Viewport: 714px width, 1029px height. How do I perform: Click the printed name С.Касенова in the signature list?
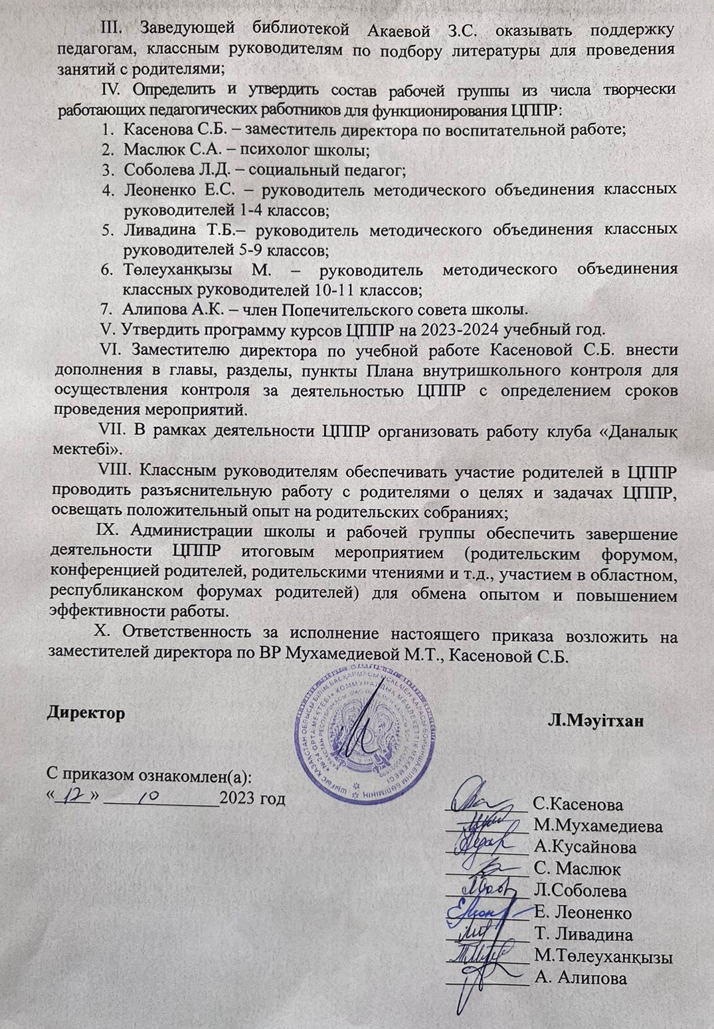pos(579,806)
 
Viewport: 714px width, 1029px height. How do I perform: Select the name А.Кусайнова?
pos(584,848)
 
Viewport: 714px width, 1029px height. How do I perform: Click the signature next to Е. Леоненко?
pos(481,911)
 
